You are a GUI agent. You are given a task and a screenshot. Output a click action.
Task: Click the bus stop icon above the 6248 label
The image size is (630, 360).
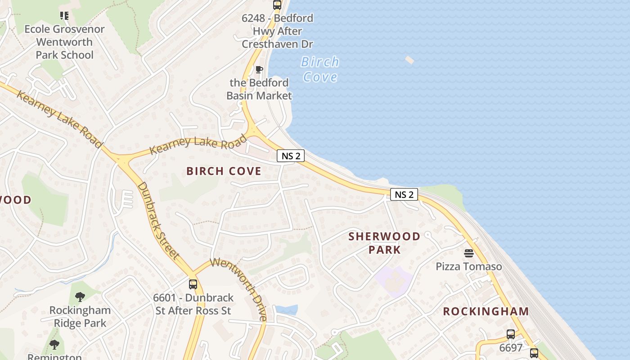(277, 5)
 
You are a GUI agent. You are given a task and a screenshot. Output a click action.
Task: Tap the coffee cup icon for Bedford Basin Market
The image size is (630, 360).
(259, 69)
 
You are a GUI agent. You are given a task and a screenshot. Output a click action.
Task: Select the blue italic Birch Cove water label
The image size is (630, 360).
(320, 69)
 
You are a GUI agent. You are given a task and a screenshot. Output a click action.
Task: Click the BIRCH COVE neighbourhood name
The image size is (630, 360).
(224, 171)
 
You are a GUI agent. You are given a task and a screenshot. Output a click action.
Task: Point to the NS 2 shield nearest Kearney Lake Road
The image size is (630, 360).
(291, 156)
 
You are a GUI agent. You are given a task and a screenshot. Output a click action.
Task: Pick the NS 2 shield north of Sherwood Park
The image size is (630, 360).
(404, 194)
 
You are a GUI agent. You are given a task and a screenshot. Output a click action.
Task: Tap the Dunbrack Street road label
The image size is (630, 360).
(158, 220)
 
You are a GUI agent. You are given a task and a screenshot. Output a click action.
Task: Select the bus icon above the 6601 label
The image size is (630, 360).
(193, 284)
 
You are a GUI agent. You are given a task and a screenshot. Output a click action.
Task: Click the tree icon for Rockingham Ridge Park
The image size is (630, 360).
(80, 297)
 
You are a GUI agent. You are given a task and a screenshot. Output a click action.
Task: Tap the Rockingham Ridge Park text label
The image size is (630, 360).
(80, 317)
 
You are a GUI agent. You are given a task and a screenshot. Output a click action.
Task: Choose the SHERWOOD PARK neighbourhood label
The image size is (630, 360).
(384, 243)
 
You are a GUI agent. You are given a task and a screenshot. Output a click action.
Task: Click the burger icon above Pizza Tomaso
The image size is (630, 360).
(468, 253)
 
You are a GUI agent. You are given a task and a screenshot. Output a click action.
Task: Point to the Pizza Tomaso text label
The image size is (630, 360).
(468, 266)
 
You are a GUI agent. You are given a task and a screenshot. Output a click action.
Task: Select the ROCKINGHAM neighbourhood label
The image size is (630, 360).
(486, 311)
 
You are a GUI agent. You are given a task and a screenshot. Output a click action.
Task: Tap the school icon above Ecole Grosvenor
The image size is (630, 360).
(64, 16)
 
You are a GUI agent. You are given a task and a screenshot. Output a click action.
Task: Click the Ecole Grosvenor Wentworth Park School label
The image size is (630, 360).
(64, 42)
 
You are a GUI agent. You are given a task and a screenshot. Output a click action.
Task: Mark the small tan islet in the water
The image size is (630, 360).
(409, 60)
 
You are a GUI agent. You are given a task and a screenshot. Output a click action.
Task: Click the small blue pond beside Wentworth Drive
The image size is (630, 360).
(287, 310)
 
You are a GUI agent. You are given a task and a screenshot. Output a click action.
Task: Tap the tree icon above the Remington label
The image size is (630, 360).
(54, 345)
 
